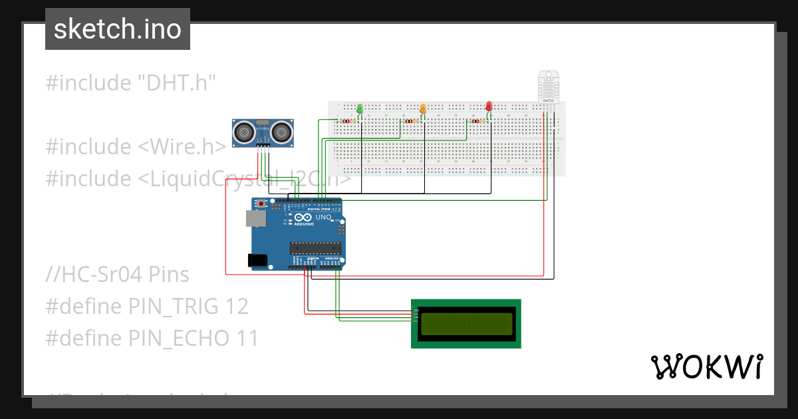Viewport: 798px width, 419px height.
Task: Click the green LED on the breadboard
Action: pyautogui.click(x=360, y=108)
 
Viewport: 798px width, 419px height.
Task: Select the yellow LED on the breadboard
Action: pyautogui.click(x=422, y=108)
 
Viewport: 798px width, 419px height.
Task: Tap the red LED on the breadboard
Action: pyautogui.click(x=489, y=106)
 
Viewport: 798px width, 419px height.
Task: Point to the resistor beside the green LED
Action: pyautogui.click(x=347, y=121)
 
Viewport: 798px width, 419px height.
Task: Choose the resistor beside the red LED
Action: pyautogui.click(x=477, y=121)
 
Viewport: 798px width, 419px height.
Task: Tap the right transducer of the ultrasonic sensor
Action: pyautogui.click(x=282, y=132)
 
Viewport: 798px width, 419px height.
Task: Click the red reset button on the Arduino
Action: pyautogui.click(x=261, y=204)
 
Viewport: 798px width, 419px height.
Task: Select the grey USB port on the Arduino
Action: pyautogui.click(x=254, y=218)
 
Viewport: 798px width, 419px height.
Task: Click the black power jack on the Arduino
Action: pyautogui.click(x=256, y=260)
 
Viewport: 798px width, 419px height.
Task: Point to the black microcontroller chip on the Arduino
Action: pyautogui.click(x=315, y=248)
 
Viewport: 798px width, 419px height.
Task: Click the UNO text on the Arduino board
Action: pyautogui.click(x=323, y=217)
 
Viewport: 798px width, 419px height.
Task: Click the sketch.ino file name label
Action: pyautogui.click(x=118, y=30)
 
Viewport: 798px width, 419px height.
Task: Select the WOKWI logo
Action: pyautogui.click(x=706, y=366)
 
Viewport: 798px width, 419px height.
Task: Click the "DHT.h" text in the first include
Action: pyautogui.click(x=177, y=83)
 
